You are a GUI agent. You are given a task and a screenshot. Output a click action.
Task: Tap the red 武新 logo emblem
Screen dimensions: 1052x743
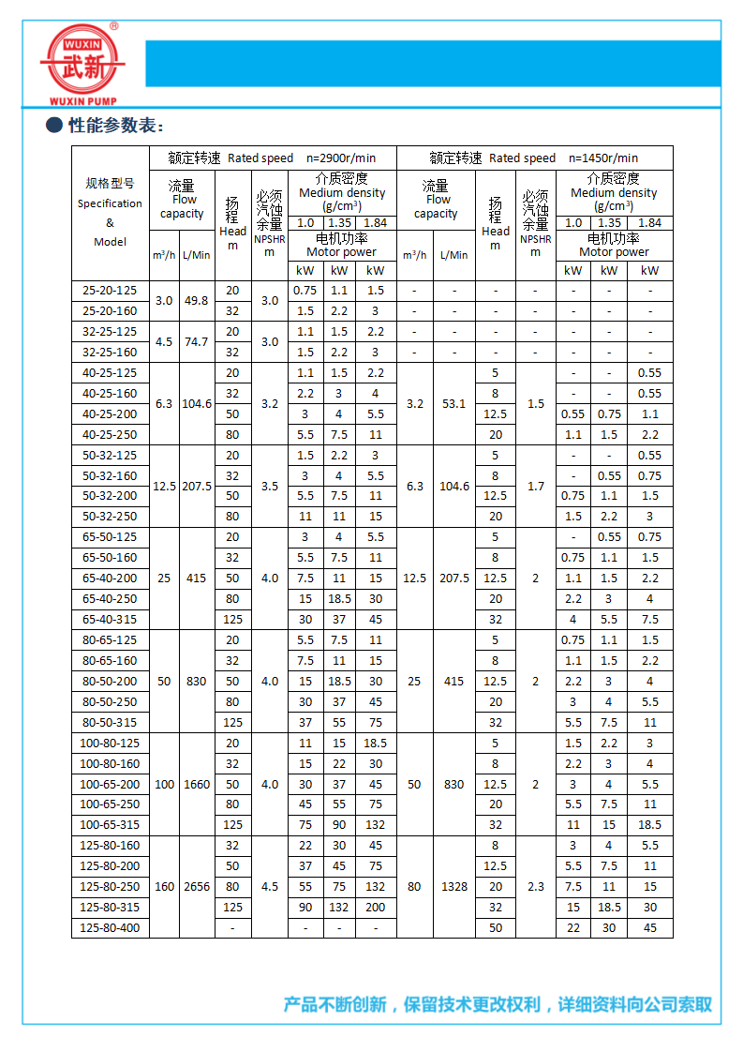tap(82, 59)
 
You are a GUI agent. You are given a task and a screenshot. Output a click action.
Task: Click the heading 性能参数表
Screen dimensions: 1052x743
tap(116, 126)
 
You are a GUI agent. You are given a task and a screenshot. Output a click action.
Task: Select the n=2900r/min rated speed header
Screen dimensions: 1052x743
tap(341, 158)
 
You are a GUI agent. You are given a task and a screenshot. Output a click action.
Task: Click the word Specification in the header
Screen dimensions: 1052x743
tap(110, 203)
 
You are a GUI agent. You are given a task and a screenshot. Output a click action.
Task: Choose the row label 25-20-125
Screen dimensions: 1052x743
tap(110, 291)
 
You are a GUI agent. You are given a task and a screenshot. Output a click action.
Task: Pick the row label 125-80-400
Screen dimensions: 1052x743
tap(110, 928)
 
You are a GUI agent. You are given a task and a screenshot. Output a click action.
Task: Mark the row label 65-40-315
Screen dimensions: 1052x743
tap(110, 619)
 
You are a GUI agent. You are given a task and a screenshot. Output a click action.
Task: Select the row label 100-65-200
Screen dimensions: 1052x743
tap(110, 784)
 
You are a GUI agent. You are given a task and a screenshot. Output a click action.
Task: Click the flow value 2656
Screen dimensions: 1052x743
tap(196, 887)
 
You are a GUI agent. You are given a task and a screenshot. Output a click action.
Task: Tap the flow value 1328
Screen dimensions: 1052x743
tap(453, 887)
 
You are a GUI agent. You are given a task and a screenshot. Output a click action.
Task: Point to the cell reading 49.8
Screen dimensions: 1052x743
tap(196, 301)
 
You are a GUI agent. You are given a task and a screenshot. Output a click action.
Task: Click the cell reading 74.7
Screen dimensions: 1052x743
tap(196, 342)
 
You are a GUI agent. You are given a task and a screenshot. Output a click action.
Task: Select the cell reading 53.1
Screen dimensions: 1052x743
tap(453, 404)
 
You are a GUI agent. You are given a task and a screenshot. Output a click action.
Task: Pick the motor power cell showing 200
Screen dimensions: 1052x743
tap(376, 908)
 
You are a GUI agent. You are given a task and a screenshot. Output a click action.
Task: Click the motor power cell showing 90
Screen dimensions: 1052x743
tap(305, 908)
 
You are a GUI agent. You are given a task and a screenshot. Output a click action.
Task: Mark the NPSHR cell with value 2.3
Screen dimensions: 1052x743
tap(535, 887)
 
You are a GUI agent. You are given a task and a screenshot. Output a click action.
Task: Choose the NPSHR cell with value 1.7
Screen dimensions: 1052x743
tap(535, 487)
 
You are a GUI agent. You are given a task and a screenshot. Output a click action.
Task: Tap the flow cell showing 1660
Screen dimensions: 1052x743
tap(196, 784)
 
